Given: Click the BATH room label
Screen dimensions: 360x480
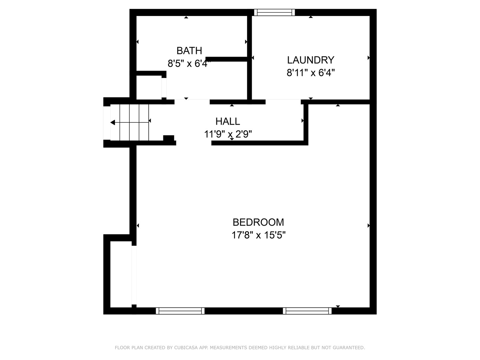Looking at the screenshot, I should click(x=189, y=51).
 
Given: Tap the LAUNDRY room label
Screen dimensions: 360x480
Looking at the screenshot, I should click(x=311, y=60).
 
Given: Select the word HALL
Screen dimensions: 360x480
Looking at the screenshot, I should click(x=228, y=121).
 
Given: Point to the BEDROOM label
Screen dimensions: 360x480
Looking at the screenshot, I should click(x=258, y=222).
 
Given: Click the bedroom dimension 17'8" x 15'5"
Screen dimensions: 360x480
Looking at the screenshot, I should click(x=259, y=235).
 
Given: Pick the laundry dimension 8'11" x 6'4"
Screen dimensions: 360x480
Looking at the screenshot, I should click(x=311, y=73).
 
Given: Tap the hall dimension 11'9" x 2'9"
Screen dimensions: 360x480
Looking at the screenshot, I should click(x=228, y=134).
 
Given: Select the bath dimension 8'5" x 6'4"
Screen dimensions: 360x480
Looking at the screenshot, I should click(x=189, y=63).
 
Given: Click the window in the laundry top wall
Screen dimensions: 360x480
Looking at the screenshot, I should click(x=274, y=12).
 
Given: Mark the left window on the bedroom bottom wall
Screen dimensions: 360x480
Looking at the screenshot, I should click(x=180, y=311).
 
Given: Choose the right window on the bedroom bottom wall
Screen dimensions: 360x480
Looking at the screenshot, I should click(x=307, y=311).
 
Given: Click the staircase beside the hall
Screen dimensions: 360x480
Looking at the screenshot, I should click(x=130, y=122).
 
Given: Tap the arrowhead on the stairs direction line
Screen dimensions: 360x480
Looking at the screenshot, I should click(x=113, y=123).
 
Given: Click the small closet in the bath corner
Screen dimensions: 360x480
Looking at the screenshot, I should click(x=149, y=87).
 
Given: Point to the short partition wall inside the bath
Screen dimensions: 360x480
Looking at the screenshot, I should click(x=227, y=59).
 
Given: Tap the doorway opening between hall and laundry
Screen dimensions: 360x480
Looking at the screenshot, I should click(x=283, y=101).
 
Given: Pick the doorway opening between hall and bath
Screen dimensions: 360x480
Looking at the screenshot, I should click(x=192, y=101).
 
